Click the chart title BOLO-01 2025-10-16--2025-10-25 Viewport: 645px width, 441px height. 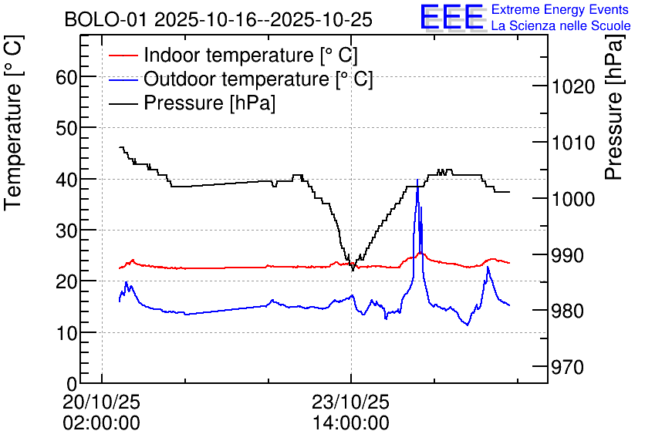(218, 19)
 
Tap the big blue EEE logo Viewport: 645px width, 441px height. (452, 17)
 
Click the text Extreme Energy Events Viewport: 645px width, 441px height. (560, 9)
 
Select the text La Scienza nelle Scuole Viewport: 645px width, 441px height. (561, 25)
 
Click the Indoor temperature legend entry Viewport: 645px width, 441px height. (233, 55)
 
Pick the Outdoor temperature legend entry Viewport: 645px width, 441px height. (241, 79)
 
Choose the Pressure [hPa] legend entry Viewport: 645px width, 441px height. (192, 103)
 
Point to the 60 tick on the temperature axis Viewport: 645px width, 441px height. (66, 77)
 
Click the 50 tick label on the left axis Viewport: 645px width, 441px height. (66, 128)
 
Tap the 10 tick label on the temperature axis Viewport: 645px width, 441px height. (66, 333)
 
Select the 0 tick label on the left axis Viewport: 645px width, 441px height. (72, 384)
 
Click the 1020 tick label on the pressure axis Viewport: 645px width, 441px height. (573, 86)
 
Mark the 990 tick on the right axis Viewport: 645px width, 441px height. (567, 255)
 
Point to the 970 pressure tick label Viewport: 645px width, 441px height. (567, 367)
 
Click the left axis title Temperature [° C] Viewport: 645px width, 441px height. (13, 123)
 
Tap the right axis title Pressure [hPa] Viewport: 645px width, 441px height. (614, 107)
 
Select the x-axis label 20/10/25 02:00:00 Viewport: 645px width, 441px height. (102, 412)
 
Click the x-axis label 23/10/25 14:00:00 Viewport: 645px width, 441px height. (351, 412)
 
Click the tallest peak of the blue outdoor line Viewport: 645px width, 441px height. (417, 180)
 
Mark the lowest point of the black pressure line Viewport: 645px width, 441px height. (353, 271)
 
